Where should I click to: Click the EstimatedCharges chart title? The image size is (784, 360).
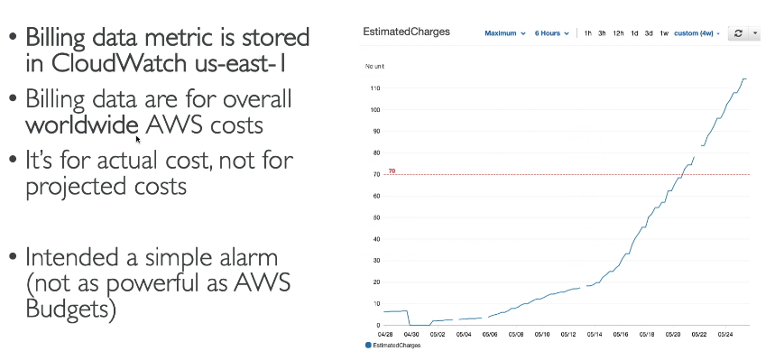[x=406, y=32]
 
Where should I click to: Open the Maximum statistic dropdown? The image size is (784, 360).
[x=505, y=33]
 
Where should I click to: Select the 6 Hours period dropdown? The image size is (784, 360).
[x=551, y=33]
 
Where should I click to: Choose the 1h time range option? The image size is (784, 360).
[x=587, y=33]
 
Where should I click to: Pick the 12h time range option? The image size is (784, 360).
[x=618, y=33]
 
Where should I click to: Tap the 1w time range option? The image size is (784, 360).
[x=663, y=33]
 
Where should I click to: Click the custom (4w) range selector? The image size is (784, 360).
[x=696, y=33]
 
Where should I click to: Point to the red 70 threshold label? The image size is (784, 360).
[x=392, y=171]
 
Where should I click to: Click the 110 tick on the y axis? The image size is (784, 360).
[x=375, y=88]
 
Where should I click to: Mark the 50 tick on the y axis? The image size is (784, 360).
[x=376, y=217]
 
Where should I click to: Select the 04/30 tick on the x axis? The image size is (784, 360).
[x=411, y=333]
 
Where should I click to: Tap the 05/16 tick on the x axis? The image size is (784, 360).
[x=620, y=333]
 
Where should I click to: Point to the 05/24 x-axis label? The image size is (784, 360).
[x=725, y=333]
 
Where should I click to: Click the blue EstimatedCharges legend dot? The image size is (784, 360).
[x=368, y=345]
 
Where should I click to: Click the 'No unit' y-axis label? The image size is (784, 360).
[x=374, y=67]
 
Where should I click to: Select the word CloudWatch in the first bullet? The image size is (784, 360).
[x=123, y=63]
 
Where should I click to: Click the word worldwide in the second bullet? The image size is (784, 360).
[x=82, y=125]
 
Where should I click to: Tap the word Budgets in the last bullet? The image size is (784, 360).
[x=70, y=309]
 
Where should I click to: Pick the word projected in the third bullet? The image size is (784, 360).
[x=71, y=187]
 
